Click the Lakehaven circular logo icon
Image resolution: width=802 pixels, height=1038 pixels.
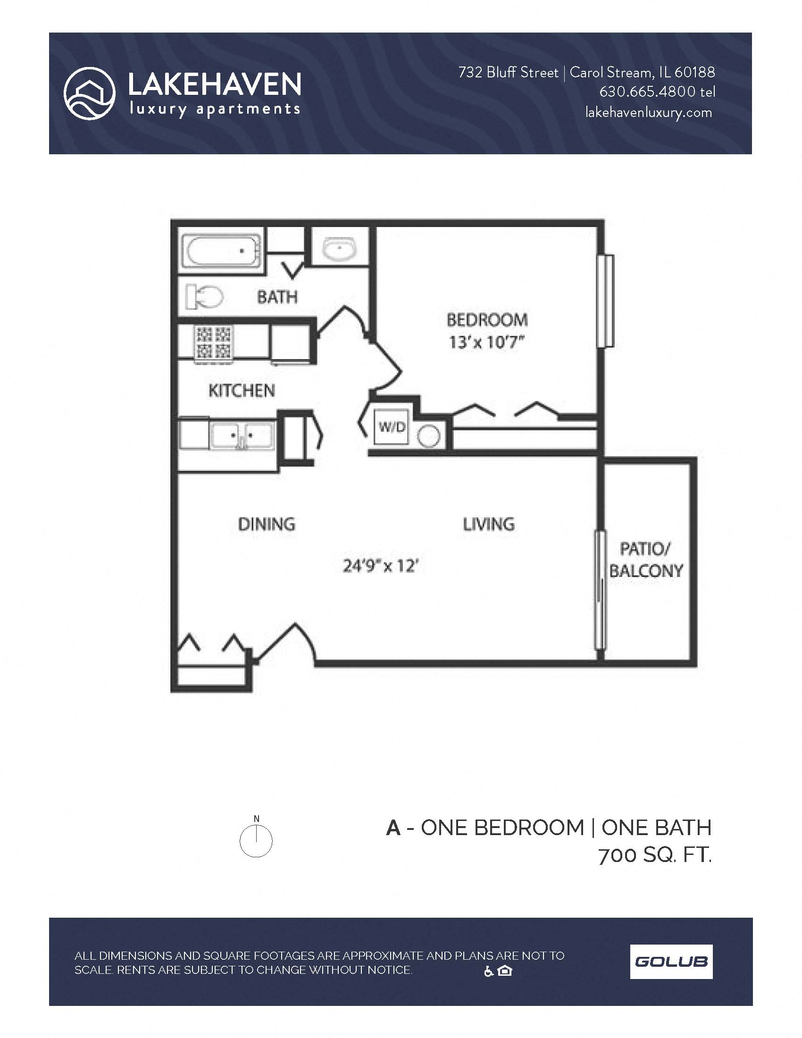point(89,93)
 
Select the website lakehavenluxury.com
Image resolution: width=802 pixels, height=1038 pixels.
point(649,113)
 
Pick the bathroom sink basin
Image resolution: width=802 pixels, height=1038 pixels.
point(339,248)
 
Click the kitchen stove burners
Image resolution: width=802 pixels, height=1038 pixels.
point(213,342)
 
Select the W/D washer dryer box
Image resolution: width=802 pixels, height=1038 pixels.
point(391,427)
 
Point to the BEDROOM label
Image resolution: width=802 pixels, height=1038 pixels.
point(487,320)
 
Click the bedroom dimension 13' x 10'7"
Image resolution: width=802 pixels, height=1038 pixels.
point(486,342)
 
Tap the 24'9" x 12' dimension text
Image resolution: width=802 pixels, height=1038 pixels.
point(381,566)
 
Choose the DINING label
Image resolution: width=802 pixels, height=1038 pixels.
point(267,524)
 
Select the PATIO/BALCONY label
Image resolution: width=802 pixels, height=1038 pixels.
point(646,560)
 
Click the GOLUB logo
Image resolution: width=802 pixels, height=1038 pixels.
point(671,962)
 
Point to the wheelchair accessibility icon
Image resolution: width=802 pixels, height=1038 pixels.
point(488,971)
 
